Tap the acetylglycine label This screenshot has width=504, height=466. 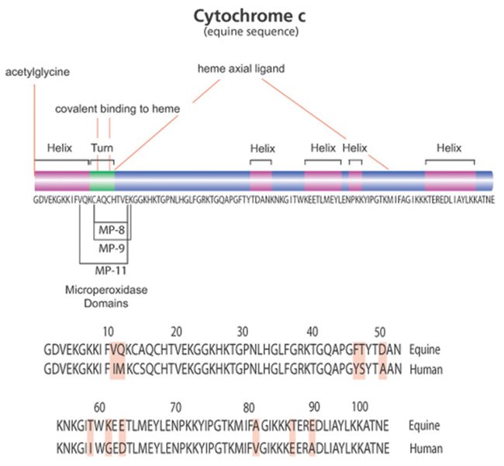point(37,72)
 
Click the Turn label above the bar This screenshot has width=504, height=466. point(102,148)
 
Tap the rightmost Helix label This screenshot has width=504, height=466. point(449,148)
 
